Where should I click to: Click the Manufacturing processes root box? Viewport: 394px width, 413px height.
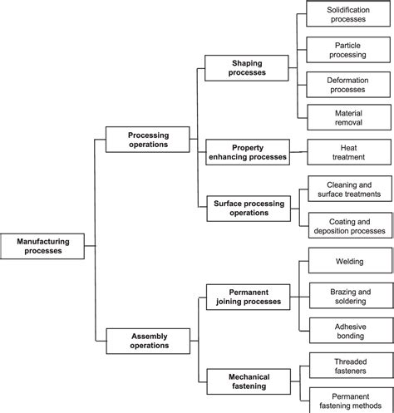(42, 246)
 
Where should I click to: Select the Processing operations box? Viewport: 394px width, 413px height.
(148, 139)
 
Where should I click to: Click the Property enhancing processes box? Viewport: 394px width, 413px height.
(248, 151)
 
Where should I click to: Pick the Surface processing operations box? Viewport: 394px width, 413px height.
(248, 207)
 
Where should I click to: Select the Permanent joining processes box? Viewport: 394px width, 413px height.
(248, 297)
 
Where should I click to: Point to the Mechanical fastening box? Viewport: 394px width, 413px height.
(248, 381)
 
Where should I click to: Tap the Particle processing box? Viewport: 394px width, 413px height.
(348, 49)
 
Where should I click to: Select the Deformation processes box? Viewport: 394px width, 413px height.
(348, 83)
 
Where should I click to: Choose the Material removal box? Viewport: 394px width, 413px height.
(348, 117)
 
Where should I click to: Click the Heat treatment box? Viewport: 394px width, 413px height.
(348, 151)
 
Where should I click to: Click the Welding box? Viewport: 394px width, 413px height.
(348, 261)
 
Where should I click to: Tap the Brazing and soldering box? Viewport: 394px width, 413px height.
(348, 297)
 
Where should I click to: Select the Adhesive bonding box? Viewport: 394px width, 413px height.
(348, 332)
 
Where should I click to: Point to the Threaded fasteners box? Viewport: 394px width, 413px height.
(348, 366)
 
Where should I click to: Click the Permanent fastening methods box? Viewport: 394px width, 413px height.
(348, 400)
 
